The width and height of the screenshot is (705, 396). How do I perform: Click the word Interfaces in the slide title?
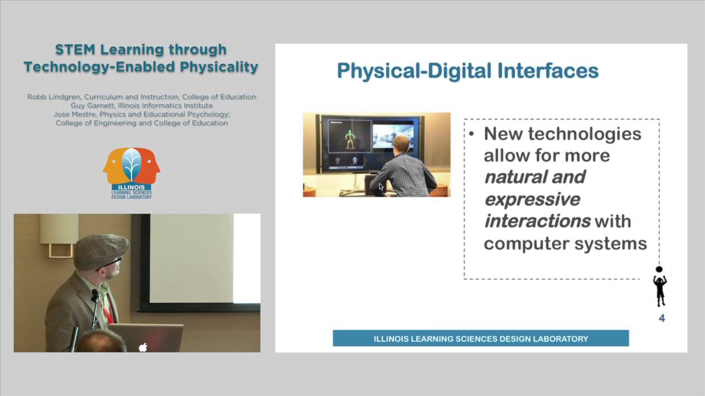547,71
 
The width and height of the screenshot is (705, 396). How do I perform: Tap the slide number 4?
661,318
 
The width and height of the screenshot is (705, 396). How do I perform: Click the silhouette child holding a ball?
659,287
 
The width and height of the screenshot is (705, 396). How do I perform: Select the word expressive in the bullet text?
532,199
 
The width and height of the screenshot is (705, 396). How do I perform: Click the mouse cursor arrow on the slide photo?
381,187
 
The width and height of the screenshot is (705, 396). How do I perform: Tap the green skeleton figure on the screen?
350,139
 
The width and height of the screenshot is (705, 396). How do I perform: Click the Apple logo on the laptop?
143,347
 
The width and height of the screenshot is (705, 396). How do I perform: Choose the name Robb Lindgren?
53,97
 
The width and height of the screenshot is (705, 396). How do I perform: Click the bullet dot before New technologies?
471,134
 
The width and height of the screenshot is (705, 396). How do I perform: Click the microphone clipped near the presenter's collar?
95,298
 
